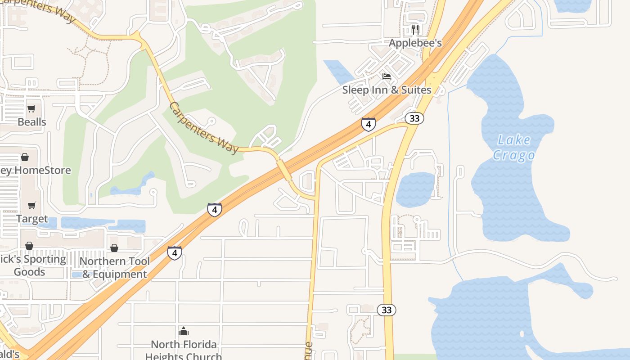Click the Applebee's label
(415, 43)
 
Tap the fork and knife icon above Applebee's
(415, 30)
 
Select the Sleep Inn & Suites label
(387, 90)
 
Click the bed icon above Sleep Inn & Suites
(387, 76)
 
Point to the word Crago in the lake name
(513, 156)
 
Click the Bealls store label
(32, 122)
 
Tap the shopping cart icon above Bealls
(31, 108)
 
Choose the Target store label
(32, 219)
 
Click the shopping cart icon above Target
(31, 206)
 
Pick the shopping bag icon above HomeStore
(25, 157)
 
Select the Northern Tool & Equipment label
(115, 268)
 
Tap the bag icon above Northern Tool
(114, 248)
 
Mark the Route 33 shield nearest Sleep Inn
(414, 118)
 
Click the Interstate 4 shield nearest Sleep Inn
(368, 124)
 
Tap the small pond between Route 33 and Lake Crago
(415, 189)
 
